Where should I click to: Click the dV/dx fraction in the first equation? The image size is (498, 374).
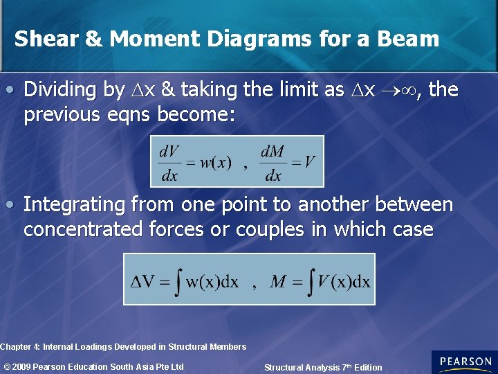pos(169,163)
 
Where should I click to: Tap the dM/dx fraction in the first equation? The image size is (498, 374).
pos(274,163)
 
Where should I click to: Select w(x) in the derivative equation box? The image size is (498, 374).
pos(216,163)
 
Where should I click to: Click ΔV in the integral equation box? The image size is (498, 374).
pos(143,282)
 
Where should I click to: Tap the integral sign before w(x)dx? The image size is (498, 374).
pos(178,281)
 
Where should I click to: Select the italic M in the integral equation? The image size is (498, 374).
pos(278,281)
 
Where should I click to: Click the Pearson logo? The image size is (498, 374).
pos(464,362)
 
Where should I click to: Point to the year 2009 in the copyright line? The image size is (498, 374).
pos(25,366)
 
